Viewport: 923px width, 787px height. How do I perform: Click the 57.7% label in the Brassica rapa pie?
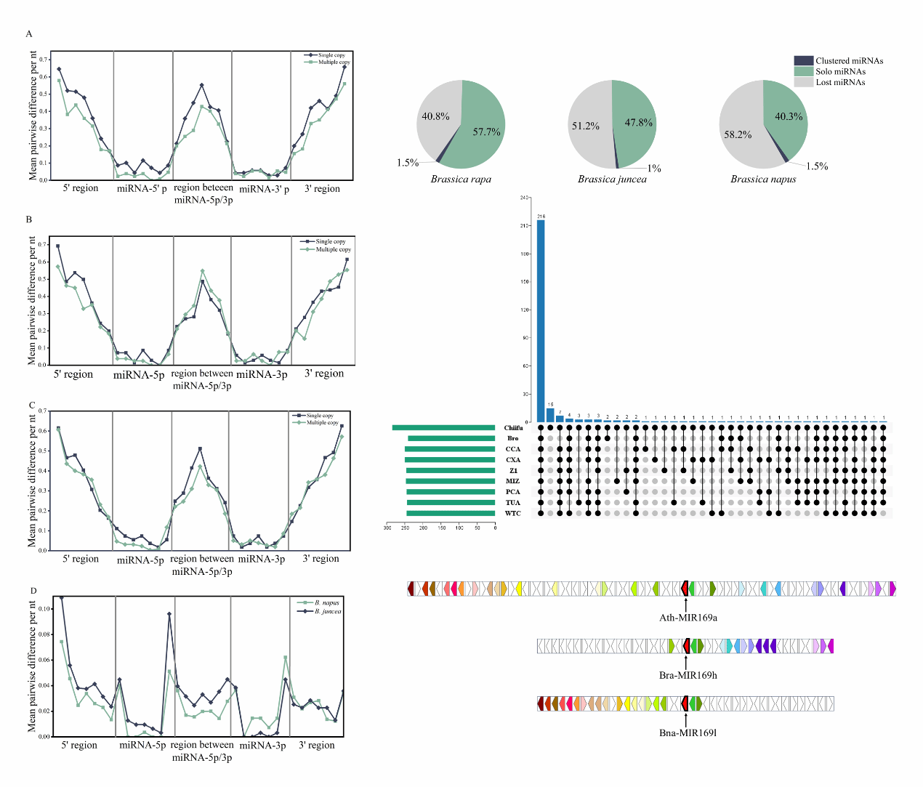point(486,132)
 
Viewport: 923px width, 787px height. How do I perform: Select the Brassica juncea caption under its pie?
point(612,179)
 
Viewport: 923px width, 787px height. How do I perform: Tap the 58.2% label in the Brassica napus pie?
point(738,135)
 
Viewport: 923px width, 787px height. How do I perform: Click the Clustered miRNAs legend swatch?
point(803,61)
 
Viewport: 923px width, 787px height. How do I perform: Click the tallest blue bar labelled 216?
point(541,320)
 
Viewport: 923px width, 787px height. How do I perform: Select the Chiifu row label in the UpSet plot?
point(513,428)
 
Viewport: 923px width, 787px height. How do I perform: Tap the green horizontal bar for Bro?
point(451,438)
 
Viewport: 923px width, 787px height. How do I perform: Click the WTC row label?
point(513,514)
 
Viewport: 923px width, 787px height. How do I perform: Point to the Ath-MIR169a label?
point(688,618)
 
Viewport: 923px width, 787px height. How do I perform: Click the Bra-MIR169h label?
point(688,676)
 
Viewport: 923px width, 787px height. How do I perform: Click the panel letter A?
point(29,34)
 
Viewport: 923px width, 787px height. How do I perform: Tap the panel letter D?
point(33,591)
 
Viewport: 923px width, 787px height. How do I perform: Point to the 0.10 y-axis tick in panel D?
point(44,609)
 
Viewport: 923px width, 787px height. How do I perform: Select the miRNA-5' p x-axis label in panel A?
point(142,189)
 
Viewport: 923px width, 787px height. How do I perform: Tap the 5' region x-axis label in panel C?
point(81,559)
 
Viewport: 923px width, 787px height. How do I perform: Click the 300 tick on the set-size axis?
point(387,528)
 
